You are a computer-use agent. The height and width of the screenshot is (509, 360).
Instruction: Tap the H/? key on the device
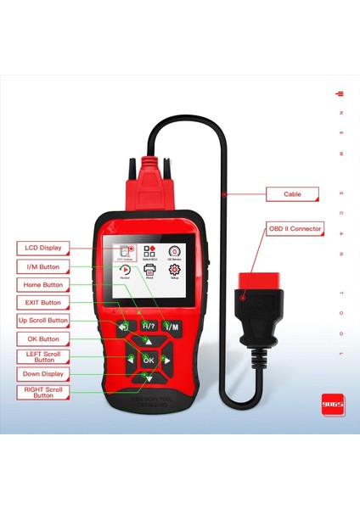click(149, 326)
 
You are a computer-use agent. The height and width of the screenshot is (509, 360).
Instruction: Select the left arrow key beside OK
click(129, 360)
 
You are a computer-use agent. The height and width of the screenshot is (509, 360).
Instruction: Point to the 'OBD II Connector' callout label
click(295, 228)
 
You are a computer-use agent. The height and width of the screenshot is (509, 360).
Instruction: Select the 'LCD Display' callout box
click(42, 248)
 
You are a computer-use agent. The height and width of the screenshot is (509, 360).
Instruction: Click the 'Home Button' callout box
click(42, 284)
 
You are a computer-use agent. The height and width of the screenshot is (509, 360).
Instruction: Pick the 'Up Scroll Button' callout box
click(42, 321)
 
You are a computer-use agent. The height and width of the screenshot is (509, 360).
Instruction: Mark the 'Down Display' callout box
click(42, 373)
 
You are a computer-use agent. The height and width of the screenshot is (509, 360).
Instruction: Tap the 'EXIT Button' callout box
click(42, 302)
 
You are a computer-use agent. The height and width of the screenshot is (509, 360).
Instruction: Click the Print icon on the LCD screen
click(149, 270)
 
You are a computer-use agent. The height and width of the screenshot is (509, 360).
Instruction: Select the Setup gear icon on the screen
click(174, 270)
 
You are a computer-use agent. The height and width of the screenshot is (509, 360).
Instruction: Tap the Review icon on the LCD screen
click(124, 270)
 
